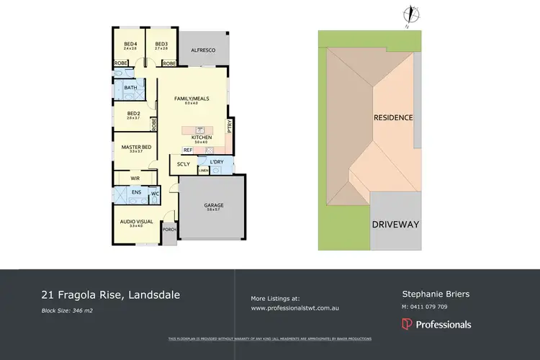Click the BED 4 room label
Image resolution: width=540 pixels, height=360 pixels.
pyautogui.click(x=130, y=44)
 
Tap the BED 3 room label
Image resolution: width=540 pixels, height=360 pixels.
pyautogui.click(x=161, y=44)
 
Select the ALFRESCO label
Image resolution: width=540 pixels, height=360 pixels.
pyautogui.click(x=203, y=50)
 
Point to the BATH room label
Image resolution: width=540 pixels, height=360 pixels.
pyautogui.click(x=130, y=89)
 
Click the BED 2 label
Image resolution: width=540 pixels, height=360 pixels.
pyautogui.click(x=133, y=113)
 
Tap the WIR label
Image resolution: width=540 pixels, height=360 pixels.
pyautogui.click(x=135, y=177)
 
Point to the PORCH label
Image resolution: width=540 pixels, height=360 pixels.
pyautogui.click(x=170, y=230)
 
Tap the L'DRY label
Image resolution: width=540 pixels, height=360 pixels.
pyautogui.click(x=217, y=161)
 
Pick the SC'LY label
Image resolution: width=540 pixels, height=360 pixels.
pyautogui.click(x=184, y=165)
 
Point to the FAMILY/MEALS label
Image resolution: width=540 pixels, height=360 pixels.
pyautogui.click(x=192, y=99)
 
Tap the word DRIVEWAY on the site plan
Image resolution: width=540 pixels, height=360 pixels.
pyautogui.click(x=395, y=225)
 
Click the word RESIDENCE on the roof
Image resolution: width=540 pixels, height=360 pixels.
pyautogui.click(x=392, y=117)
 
